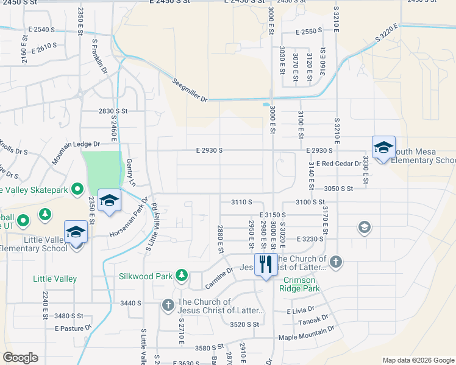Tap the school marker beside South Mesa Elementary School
383,148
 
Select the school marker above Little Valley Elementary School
76,233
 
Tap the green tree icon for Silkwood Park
181,276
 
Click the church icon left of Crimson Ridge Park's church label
335,262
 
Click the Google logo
20,357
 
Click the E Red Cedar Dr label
338,164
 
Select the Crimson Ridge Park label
301,284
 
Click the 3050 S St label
338,189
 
